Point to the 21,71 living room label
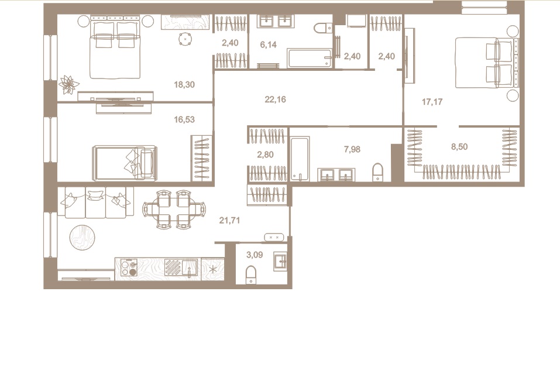(x=229, y=221)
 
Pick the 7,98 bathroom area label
(x=352, y=149)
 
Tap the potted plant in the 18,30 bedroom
(x=68, y=84)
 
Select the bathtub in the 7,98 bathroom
(x=299, y=158)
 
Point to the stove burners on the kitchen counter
(x=129, y=268)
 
